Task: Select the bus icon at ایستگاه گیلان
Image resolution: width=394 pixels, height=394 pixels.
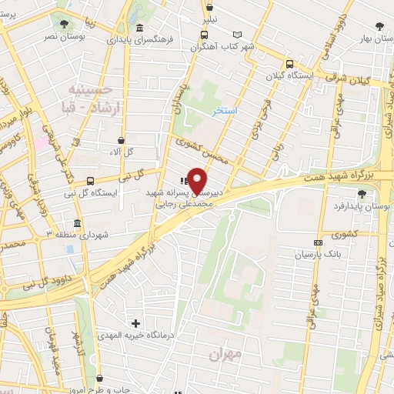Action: (x=289, y=65)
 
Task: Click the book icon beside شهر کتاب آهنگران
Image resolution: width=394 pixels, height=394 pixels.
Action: (x=238, y=35)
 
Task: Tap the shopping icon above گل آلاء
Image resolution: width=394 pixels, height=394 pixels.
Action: (x=121, y=139)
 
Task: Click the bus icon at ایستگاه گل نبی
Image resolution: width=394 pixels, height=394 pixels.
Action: (x=91, y=182)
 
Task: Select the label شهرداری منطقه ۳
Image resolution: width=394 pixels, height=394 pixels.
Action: (x=82, y=234)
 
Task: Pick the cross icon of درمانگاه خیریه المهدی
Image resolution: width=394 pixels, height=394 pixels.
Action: (x=136, y=322)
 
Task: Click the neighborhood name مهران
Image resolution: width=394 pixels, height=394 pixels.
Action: (x=225, y=356)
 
